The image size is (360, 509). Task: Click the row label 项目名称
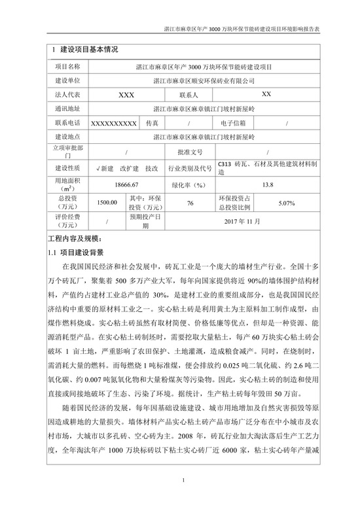pyautogui.click(x=67, y=66)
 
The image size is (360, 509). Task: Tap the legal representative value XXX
pyautogui.click(x=126, y=94)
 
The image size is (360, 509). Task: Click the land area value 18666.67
pyautogui.click(x=126, y=185)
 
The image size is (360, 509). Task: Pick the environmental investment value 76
pyautogui.click(x=190, y=204)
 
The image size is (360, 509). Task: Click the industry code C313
pyautogui.click(x=225, y=165)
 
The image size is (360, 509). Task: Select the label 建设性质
pyautogui.click(x=67, y=168)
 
